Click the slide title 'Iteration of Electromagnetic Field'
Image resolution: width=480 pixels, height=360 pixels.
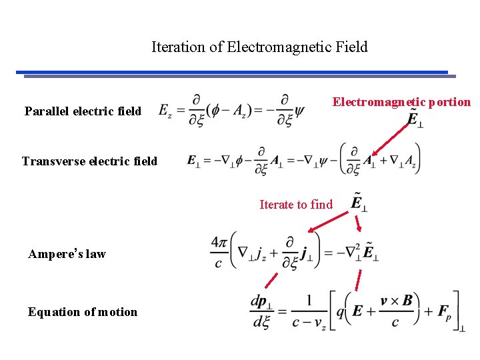[259, 47]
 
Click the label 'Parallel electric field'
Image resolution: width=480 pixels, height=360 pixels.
[83, 111]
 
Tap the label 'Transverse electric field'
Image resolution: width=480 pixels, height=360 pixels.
[89, 161]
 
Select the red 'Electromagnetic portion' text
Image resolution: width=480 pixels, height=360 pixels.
[401, 102]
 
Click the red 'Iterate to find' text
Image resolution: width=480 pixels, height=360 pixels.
[295, 205]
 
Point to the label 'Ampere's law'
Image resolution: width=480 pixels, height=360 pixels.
[67, 253]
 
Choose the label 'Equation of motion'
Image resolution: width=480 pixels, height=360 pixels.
[83, 312]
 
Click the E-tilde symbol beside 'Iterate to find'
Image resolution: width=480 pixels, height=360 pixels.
[359, 202]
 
